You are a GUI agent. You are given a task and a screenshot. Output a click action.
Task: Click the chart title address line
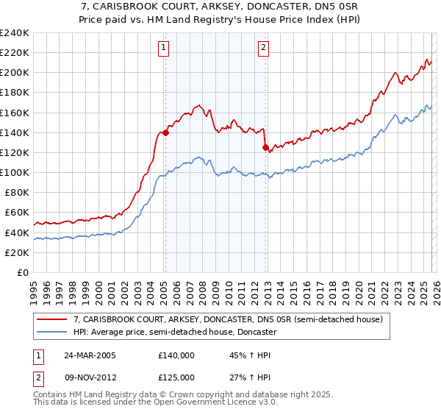click(220, 7)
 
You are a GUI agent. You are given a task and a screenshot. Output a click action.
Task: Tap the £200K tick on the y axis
click(15, 73)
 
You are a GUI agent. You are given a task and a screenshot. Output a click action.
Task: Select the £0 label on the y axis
click(24, 272)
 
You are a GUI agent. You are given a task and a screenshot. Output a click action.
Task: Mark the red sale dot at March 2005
click(166, 133)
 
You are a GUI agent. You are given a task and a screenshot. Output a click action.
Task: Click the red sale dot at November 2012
click(265, 148)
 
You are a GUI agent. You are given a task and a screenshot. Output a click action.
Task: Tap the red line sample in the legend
click(52, 320)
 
